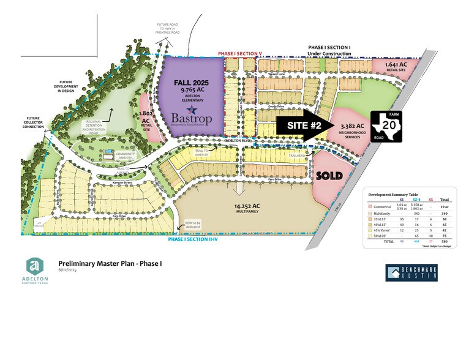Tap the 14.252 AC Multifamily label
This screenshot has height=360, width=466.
250,209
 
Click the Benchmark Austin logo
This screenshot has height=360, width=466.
412,272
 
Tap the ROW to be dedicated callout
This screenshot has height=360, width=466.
194,227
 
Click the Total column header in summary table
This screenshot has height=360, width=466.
444,200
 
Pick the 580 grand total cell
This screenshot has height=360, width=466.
444,242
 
